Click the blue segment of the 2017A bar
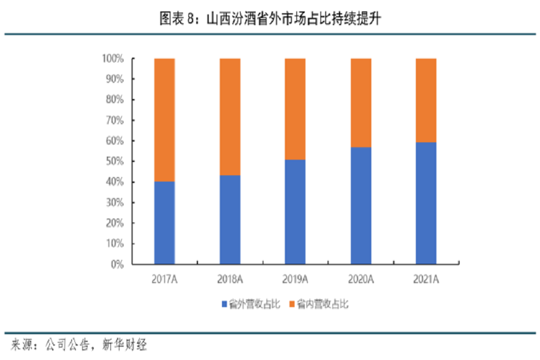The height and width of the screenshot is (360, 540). click(164, 223)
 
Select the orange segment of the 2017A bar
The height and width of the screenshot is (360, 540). click(164, 120)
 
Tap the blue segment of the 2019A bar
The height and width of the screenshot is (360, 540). click(295, 212)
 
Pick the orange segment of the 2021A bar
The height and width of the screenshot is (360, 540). click(426, 100)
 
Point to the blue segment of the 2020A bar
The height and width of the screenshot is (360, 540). click(361, 205)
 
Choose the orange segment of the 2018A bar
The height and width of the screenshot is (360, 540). click(230, 117)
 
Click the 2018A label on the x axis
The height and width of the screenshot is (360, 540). click(230, 279)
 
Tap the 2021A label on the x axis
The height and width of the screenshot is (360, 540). click(426, 279)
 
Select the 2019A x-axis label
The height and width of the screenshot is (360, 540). click(295, 279)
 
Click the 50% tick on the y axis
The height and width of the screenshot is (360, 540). click(115, 161)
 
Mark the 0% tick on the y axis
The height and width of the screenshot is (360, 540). click(117, 264)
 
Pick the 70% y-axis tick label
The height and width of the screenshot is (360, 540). click(115, 121)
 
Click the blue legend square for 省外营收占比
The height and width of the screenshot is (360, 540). click(224, 305)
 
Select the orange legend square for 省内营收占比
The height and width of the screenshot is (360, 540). click(293, 305)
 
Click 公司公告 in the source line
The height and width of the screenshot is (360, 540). click(66, 345)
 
